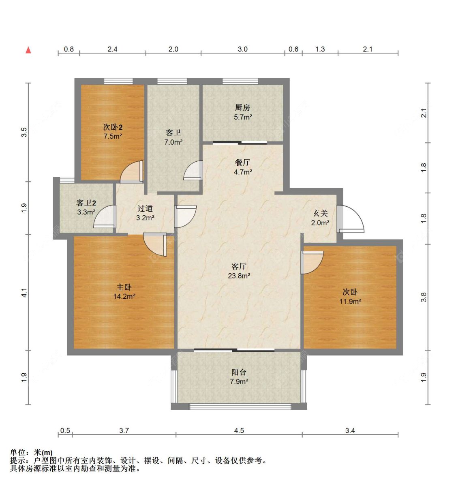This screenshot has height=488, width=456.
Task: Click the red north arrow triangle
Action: tap(28, 50)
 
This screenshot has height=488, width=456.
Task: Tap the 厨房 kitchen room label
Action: tap(242, 107)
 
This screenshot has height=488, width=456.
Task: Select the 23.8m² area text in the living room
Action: tap(239, 276)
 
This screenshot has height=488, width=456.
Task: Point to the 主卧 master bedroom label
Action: tap(124, 287)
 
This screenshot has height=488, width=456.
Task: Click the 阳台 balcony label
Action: tap(239, 372)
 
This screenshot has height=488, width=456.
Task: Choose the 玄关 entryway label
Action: tap(320, 213)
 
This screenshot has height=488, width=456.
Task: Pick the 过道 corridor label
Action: tap(145, 208)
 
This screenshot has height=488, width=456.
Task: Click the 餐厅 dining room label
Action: tap(242, 163)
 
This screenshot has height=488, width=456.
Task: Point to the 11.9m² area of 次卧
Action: tap(350, 301)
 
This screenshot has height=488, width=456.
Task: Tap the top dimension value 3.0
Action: tap(242, 49)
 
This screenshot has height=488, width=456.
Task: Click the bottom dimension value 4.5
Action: tap(239, 430)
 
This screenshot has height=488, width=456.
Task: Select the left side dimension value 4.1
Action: tap(24, 292)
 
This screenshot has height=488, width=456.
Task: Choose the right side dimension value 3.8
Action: tap(424, 297)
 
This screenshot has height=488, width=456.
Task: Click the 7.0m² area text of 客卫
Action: tap(173, 142)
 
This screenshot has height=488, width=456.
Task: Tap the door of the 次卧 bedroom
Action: tap(312, 262)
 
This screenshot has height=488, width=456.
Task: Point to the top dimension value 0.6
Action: tap(293, 49)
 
